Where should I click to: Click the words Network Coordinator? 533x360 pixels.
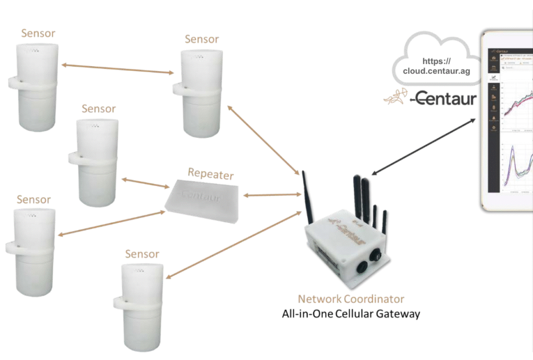[351, 299]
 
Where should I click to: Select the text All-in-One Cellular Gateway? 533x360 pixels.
[351, 314]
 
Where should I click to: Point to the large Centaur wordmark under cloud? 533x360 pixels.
[442, 98]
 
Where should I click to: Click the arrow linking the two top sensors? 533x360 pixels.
[117, 69]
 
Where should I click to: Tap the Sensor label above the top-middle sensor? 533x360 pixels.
[201, 40]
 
